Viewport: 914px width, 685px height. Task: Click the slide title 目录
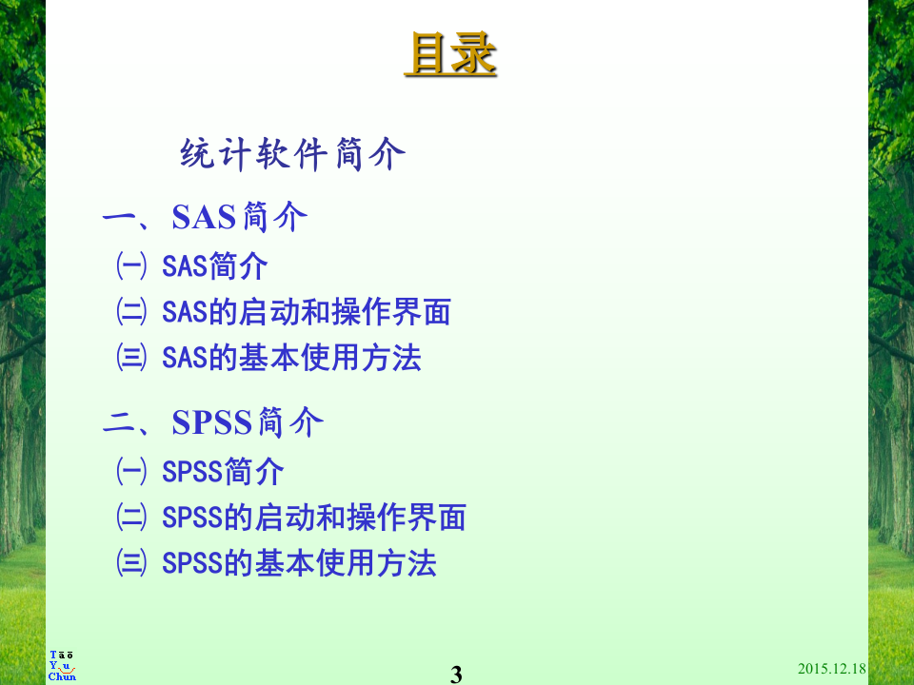tap(450, 54)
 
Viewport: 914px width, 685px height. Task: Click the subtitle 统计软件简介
tap(292, 154)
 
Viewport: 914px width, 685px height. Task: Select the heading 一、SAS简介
tap(205, 217)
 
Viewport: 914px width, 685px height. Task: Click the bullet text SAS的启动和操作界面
tap(306, 312)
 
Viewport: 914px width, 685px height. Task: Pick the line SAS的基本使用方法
tap(291, 358)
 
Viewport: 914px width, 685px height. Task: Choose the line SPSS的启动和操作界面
tap(313, 518)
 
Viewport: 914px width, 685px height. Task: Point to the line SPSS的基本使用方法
tap(299, 563)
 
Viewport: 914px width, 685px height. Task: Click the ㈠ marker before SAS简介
tap(131, 266)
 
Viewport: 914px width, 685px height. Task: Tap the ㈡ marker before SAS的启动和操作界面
tap(131, 312)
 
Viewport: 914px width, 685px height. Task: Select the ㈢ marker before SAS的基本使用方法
tap(131, 358)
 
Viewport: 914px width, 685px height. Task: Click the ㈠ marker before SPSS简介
tap(131, 472)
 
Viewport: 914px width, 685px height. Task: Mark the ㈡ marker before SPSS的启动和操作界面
tap(131, 518)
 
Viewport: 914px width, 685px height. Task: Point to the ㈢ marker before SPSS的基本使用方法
tap(131, 563)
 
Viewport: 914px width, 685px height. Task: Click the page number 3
tap(456, 675)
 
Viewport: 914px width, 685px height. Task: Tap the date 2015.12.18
tap(831, 669)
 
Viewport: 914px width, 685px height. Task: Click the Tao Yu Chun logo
tap(62, 666)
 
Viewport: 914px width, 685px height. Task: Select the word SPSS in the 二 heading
tap(212, 422)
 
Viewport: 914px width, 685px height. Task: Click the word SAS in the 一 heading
tap(203, 217)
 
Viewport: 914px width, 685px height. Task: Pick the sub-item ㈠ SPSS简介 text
tap(223, 472)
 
